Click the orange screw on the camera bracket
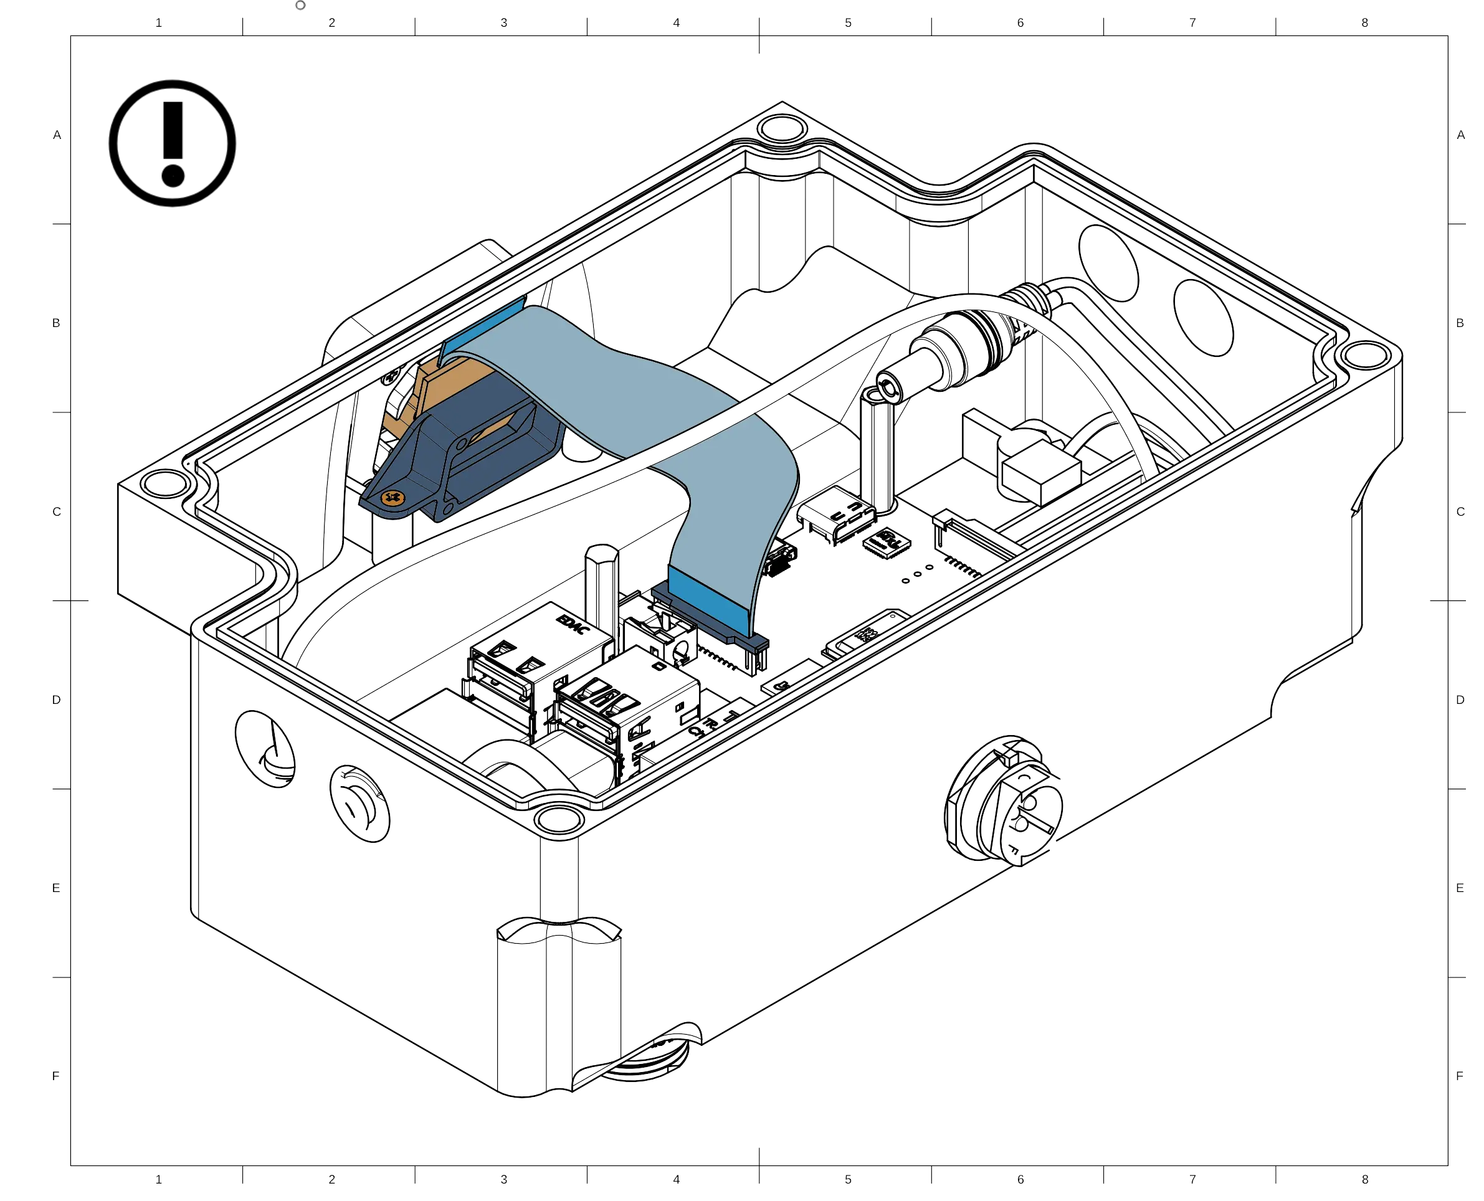392,498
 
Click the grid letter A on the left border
58,136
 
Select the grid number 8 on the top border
1364,23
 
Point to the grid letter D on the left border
58,700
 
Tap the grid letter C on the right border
1460,512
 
